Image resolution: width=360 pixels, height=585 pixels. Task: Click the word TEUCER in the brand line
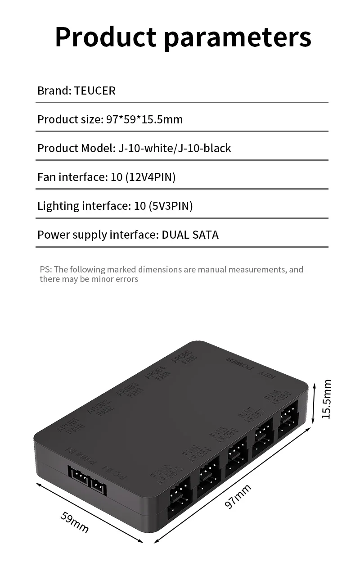pos(94,91)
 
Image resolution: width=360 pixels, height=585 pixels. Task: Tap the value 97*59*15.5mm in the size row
pos(144,119)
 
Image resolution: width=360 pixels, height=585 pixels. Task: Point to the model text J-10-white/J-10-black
pos(175,148)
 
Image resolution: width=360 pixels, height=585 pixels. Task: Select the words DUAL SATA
pos(190,235)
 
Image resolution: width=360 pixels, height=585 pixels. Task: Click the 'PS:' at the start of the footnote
pos(45,269)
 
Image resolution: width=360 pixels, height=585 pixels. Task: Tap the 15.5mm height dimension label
pos(327,399)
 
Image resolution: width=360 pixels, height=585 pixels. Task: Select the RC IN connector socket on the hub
pos(98,485)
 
